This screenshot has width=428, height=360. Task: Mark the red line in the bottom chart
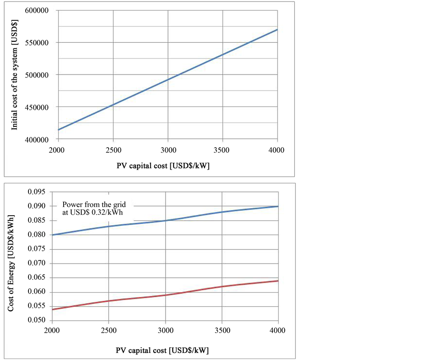(x=165, y=295)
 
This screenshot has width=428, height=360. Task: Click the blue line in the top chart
(x=167, y=80)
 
